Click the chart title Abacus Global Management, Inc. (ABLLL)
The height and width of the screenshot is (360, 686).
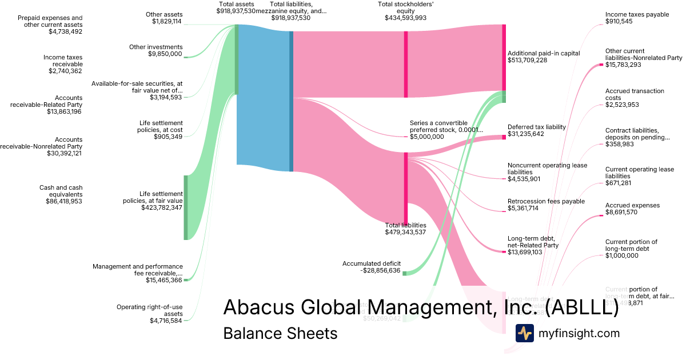(x=420, y=307)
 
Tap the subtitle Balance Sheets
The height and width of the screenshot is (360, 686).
(x=280, y=333)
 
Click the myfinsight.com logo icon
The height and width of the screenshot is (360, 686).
(x=524, y=333)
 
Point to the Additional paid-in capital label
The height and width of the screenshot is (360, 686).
(x=544, y=53)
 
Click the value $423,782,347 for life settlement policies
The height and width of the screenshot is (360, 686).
(x=162, y=207)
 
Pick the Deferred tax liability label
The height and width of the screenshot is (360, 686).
(x=536, y=127)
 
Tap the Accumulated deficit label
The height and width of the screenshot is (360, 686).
(x=372, y=263)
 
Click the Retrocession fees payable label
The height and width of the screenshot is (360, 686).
(x=546, y=201)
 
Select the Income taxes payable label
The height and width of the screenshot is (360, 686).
(x=637, y=14)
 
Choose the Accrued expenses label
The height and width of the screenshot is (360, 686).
(x=632, y=205)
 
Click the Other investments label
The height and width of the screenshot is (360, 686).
(x=156, y=47)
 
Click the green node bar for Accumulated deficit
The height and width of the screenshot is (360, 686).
(x=404, y=273)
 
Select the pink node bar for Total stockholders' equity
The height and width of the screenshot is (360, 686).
(x=406, y=64)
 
